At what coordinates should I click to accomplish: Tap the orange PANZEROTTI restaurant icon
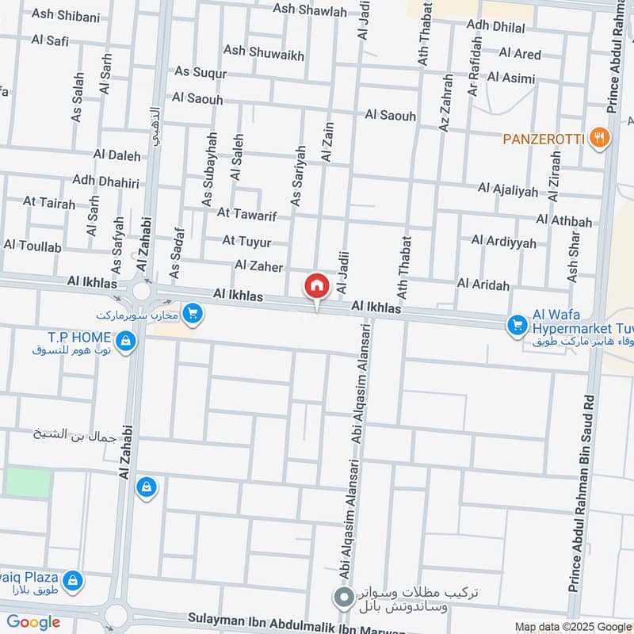coord(600,139)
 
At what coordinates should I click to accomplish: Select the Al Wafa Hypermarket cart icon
coord(518,324)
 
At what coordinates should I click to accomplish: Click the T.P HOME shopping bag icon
coord(125,342)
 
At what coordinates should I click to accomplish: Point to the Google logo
coord(33,622)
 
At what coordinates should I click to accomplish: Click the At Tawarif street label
coord(245,212)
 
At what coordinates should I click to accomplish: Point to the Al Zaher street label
coord(258,266)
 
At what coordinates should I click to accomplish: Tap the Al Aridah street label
coord(483,284)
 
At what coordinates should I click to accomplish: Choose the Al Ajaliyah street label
coord(507,189)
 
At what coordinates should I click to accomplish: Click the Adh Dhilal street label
coord(496,25)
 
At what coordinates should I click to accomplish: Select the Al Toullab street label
coord(32,246)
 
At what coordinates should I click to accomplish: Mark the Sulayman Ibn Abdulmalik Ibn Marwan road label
coord(296,617)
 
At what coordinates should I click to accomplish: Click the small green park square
coord(28,483)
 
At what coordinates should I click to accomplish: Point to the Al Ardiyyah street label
coord(503,241)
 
